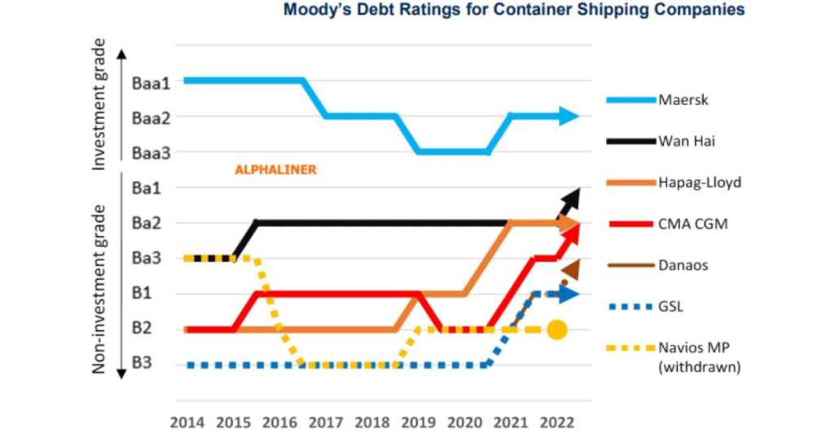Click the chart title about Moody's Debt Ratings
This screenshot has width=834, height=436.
click(x=513, y=11)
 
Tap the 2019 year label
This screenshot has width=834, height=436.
click(x=418, y=423)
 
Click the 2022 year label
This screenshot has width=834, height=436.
click(x=557, y=423)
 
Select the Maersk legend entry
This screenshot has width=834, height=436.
click(x=684, y=100)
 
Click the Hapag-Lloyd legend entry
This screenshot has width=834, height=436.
click(x=700, y=182)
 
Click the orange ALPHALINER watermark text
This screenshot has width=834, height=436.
click(x=274, y=171)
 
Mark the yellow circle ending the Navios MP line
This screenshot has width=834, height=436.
click(x=557, y=329)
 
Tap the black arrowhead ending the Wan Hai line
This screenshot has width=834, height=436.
click(x=571, y=196)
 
